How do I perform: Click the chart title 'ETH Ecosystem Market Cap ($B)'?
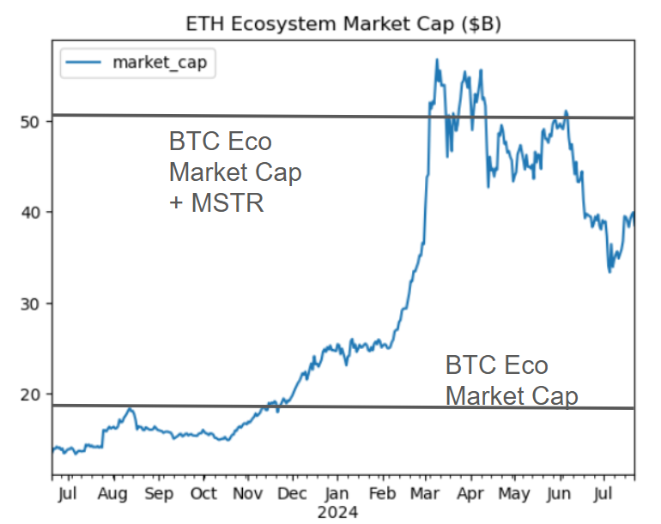click(343, 24)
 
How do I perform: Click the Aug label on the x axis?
click(113, 494)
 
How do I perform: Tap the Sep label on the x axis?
click(159, 494)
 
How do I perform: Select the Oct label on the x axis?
click(203, 494)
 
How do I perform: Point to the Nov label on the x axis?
click(248, 494)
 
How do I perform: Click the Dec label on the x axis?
click(293, 494)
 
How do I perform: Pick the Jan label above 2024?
click(337, 494)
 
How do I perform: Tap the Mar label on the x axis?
click(427, 494)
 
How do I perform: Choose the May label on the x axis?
click(515, 494)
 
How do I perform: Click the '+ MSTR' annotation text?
click(215, 204)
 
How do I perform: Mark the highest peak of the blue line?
click(437, 60)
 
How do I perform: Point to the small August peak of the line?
click(130, 409)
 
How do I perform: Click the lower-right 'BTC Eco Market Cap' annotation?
click(512, 381)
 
